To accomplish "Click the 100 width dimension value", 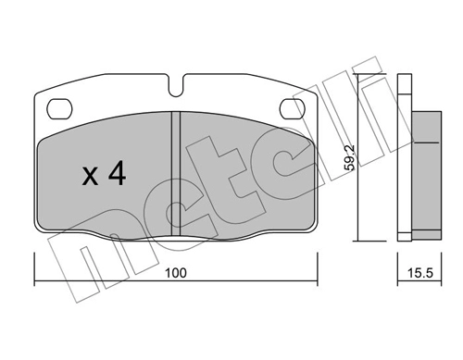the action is pyautogui.click(x=176, y=273).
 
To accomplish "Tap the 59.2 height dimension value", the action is pyautogui.click(x=350, y=158).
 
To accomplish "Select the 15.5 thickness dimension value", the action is pyautogui.click(x=420, y=273).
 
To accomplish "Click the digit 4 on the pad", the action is pyautogui.click(x=117, y=173).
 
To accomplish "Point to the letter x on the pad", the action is pyautogui.click(x=90, y=177).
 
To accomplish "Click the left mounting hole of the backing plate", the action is pyautogui.click(x=59, y=109).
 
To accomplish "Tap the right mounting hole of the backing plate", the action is pyautogui.click(x=292, y=109).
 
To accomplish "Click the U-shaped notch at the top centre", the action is pyautogui.click(x=176, y=85).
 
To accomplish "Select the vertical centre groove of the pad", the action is pyautogui.click(x=176, y=174).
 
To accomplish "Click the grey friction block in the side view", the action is pyautogui.click(x=426, y=175).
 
